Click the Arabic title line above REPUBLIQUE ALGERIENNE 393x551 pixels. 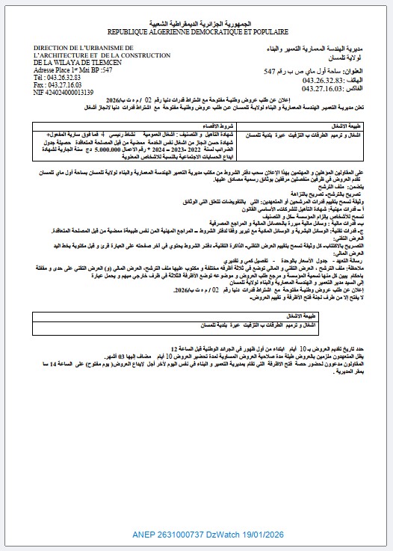(197, 25)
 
